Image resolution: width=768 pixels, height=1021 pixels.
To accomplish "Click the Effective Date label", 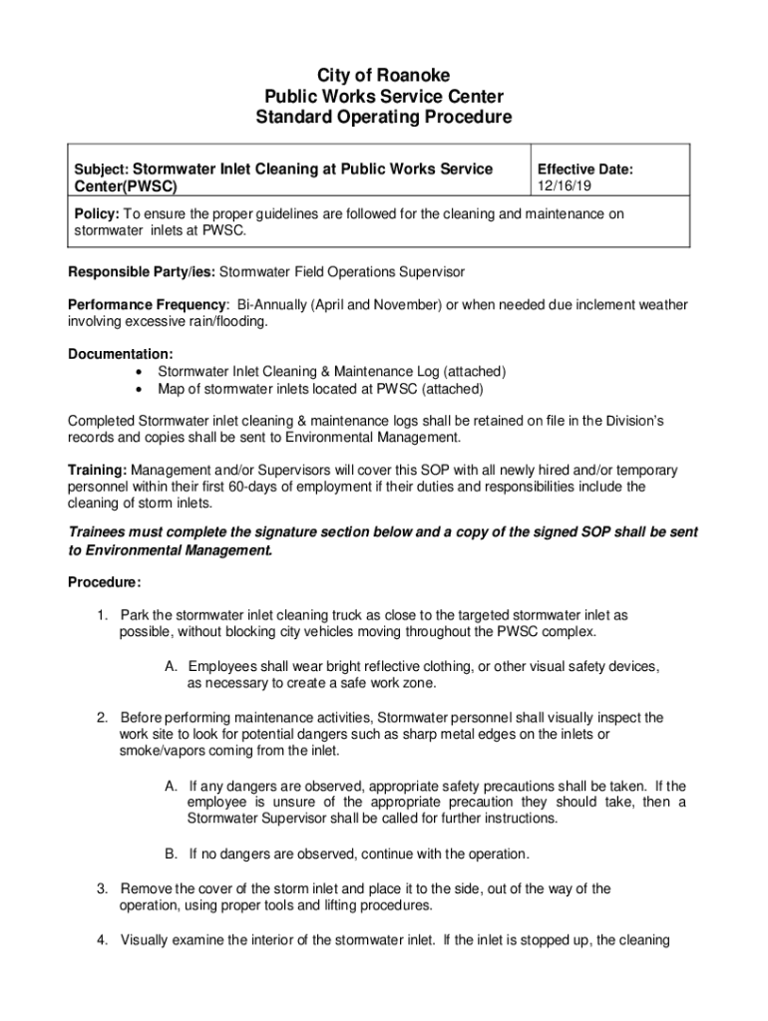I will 584,170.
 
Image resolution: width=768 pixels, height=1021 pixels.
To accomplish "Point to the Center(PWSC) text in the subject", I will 121,186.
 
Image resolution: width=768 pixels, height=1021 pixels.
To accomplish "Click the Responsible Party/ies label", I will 141,271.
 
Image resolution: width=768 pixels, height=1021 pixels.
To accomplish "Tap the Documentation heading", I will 119,354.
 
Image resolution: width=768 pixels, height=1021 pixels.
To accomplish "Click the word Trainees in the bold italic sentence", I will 102,533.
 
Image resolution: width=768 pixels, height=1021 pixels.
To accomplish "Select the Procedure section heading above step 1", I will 104,582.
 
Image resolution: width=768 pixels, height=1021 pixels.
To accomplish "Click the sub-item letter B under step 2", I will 171,853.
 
